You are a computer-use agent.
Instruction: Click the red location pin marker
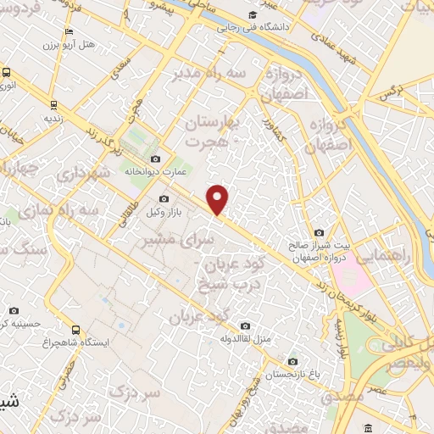click(219, 199)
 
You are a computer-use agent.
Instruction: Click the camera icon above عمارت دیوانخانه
click(153, 159)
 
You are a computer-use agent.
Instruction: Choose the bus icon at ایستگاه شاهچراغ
click(77, 330)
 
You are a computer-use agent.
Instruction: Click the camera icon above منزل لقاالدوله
click(245, 325)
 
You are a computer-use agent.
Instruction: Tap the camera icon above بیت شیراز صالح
click(319, 232)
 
